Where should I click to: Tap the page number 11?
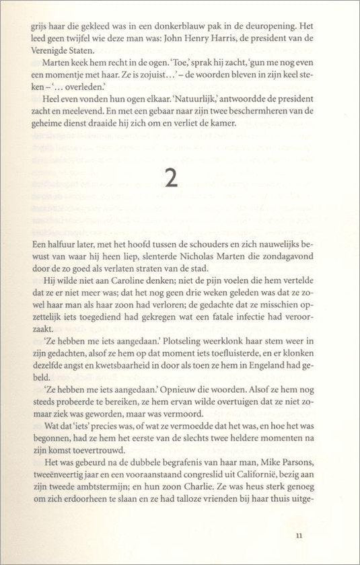click(x=299, y=535)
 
